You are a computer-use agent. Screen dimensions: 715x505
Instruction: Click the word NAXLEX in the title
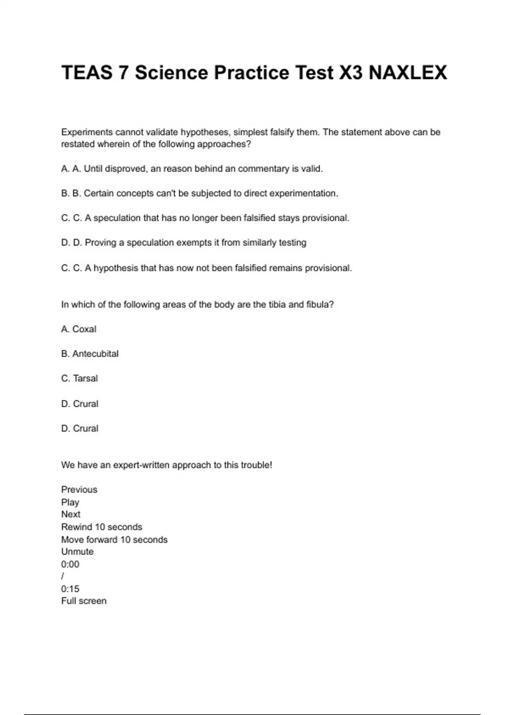tap(407, 73)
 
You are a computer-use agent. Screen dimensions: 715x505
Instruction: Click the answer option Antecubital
tap(95, 354)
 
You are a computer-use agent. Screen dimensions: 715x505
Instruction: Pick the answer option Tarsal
tap(85, 379)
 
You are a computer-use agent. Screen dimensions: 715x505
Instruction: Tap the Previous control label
tap(79, 490)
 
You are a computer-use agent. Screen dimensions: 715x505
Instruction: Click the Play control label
tap(70, 502)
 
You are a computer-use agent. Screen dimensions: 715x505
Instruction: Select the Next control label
tap(71, 514)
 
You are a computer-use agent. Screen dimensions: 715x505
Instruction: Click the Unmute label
tap(77, 552)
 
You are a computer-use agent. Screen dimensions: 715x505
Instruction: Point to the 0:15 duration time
tap(70, 589)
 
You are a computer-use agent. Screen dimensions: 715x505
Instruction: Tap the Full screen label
tap(84, 601)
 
